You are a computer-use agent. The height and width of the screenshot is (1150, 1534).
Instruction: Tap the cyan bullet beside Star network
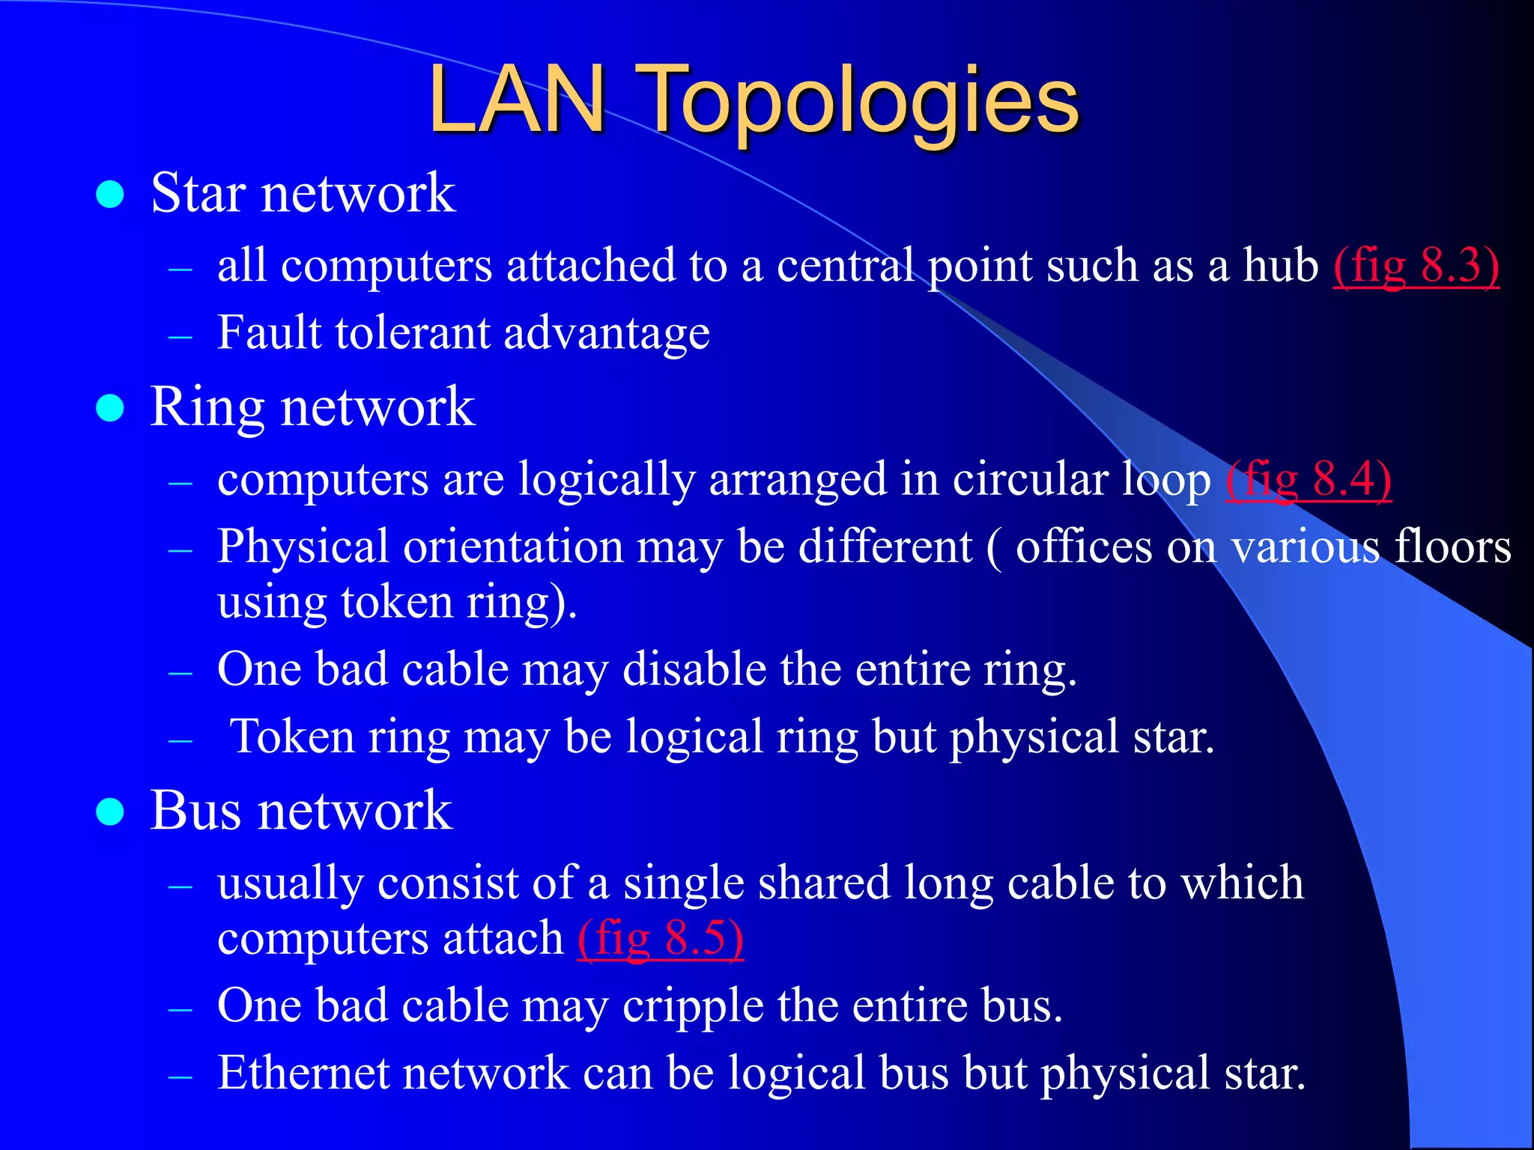[110, 195]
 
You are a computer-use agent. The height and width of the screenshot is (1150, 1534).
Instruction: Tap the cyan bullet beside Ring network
[110, 409]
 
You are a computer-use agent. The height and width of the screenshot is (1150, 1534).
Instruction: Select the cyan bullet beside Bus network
[110, 812]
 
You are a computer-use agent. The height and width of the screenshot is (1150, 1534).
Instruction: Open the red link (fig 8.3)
[1416, 266]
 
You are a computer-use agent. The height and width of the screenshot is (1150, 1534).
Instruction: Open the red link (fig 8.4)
[1308, 479]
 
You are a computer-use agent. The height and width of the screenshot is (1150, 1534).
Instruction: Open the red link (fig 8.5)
[660, 938]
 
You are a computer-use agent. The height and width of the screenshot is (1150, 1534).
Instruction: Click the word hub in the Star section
[1280, 265]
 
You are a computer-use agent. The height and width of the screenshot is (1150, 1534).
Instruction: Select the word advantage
[607, 334]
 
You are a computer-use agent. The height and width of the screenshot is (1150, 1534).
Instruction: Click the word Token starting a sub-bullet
[292, 737]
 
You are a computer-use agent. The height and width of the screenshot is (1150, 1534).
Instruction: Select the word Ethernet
[303, 1073]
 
